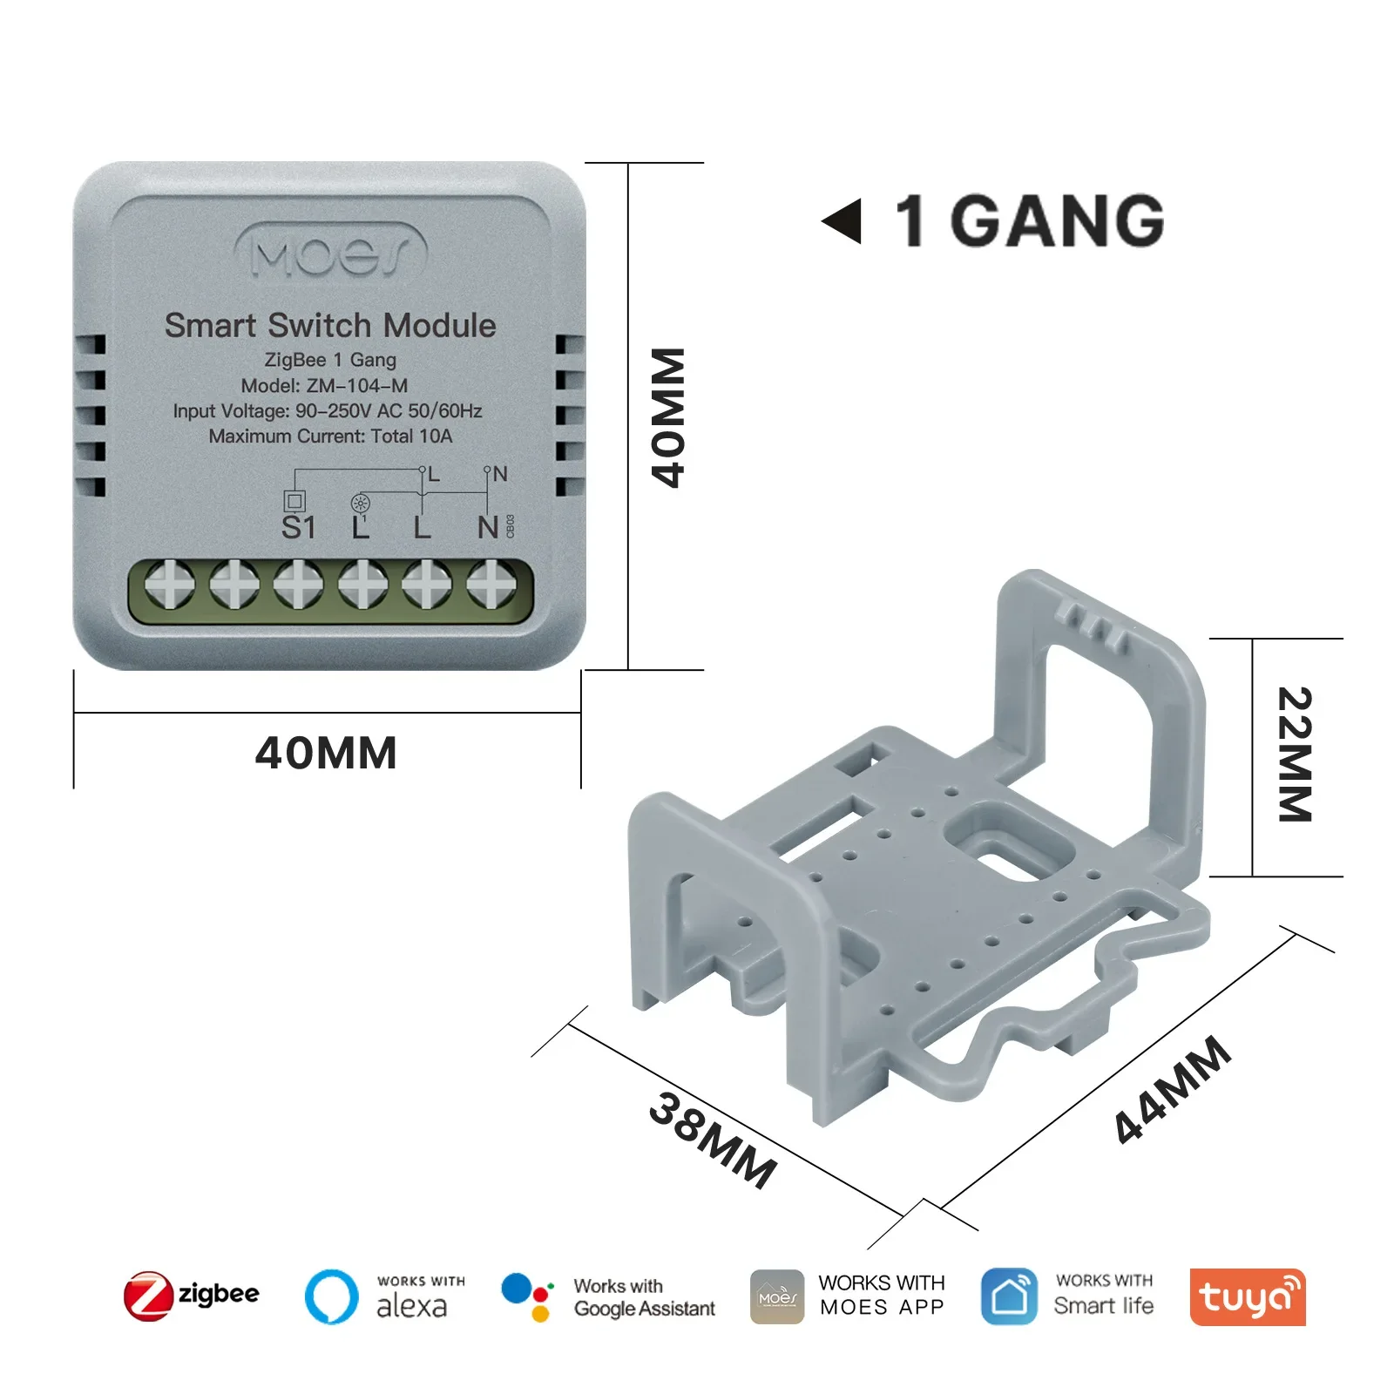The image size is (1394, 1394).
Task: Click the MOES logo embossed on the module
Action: [331, 253]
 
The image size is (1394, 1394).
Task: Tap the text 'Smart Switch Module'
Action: [330, 326]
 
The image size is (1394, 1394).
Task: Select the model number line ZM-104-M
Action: [324, 385]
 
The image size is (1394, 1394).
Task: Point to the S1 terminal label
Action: [298, 527]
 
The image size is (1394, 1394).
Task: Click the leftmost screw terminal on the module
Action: [170, 583]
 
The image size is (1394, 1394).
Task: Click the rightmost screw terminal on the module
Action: [491, 583]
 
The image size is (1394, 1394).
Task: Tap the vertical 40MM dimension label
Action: [669, 417]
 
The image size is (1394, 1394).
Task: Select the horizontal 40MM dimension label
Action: [326, 753]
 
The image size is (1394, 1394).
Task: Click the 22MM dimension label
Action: [1295, 755]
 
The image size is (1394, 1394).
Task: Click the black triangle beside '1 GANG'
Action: [842, 221]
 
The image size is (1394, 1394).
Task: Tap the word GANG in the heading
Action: [1057, 221]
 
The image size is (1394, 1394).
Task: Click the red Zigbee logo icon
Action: [147, 1296]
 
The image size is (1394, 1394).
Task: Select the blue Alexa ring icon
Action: [331, 1296]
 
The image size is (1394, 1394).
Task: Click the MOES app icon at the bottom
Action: [777, 1296]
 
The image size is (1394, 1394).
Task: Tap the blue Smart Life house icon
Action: [1009, 1296]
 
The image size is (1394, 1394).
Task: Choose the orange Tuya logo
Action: [1247, 1296]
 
